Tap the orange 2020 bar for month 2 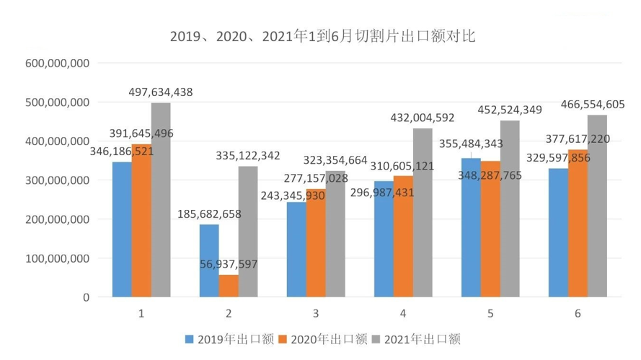point(229,286)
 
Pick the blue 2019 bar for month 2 point(209,260)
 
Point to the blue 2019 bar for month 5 point(471,227)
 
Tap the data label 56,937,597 point(229,265)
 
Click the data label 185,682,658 point(209,214)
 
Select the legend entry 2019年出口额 point(229,339)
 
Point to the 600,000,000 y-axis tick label point(58,63)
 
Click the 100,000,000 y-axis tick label point(58,258)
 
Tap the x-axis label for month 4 point(403,314)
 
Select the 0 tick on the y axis point(85,297)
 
